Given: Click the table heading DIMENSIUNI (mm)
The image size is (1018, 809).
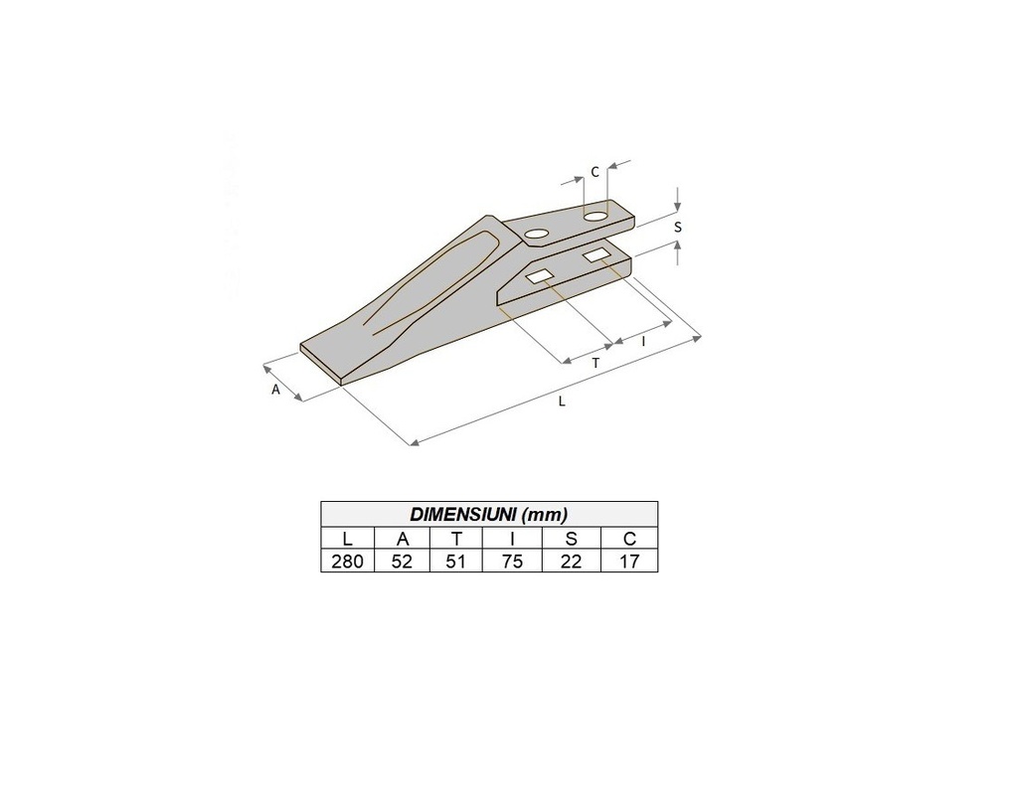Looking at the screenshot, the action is (x=489, y=514).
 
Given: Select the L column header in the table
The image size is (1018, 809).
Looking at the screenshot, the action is (x=347, y=539).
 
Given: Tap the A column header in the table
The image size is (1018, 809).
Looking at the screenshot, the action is (x=403, y=539).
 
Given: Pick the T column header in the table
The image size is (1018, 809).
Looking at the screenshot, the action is (x=456, y=539).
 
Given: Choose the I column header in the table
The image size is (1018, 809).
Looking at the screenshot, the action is (x=512, y=539).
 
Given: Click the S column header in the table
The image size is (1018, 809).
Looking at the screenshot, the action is (x=572, y=539).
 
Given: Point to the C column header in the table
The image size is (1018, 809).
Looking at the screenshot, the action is (x=629, y=539).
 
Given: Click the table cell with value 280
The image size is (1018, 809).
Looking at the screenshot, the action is (x=347, y=561).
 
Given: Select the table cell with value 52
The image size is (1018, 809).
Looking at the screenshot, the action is (x=403, y=561).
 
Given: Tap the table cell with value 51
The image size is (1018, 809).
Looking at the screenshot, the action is (x=456, y=561).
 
